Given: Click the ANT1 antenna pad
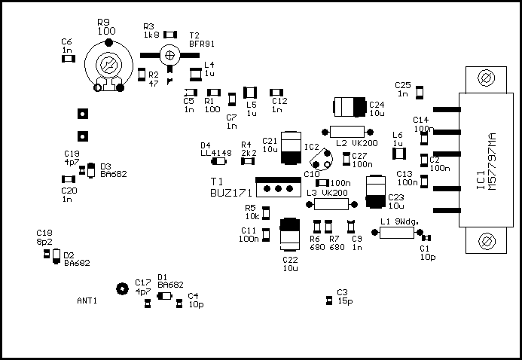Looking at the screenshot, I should click(x=120, y=288).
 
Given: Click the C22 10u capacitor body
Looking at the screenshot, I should click(x=289, y=235).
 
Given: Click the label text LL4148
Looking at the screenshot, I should click(x=215, y=153).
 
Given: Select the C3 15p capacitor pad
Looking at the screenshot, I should click(x=328, y=301).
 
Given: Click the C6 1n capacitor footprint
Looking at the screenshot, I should click(x=69, y=56).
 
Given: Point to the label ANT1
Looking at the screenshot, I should click(x=87, y=300).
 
